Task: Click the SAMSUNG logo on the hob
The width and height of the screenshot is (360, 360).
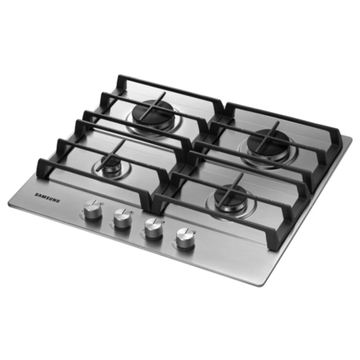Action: click(x=48, y=198)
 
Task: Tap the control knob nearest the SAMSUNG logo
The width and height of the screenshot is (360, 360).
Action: click(x=93, y=210)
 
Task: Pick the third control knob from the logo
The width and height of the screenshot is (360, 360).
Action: click(x=153, y=229)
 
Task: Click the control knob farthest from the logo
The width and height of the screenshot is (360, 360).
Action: click(x=185, y=239)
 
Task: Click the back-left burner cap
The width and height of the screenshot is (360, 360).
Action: click(x=151, y=110)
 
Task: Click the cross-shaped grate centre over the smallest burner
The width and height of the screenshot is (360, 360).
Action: click(x=112, y=157)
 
